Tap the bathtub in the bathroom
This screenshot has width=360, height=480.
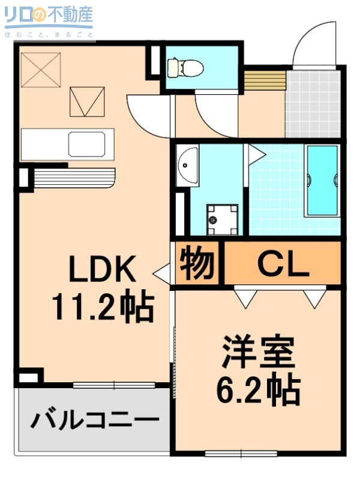click(322, 179)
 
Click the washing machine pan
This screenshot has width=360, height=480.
click(222, 220)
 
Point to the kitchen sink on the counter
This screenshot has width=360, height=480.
click(89, 145)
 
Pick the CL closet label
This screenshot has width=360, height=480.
click(283, 263)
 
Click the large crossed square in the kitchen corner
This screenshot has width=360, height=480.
click(41, 70)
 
